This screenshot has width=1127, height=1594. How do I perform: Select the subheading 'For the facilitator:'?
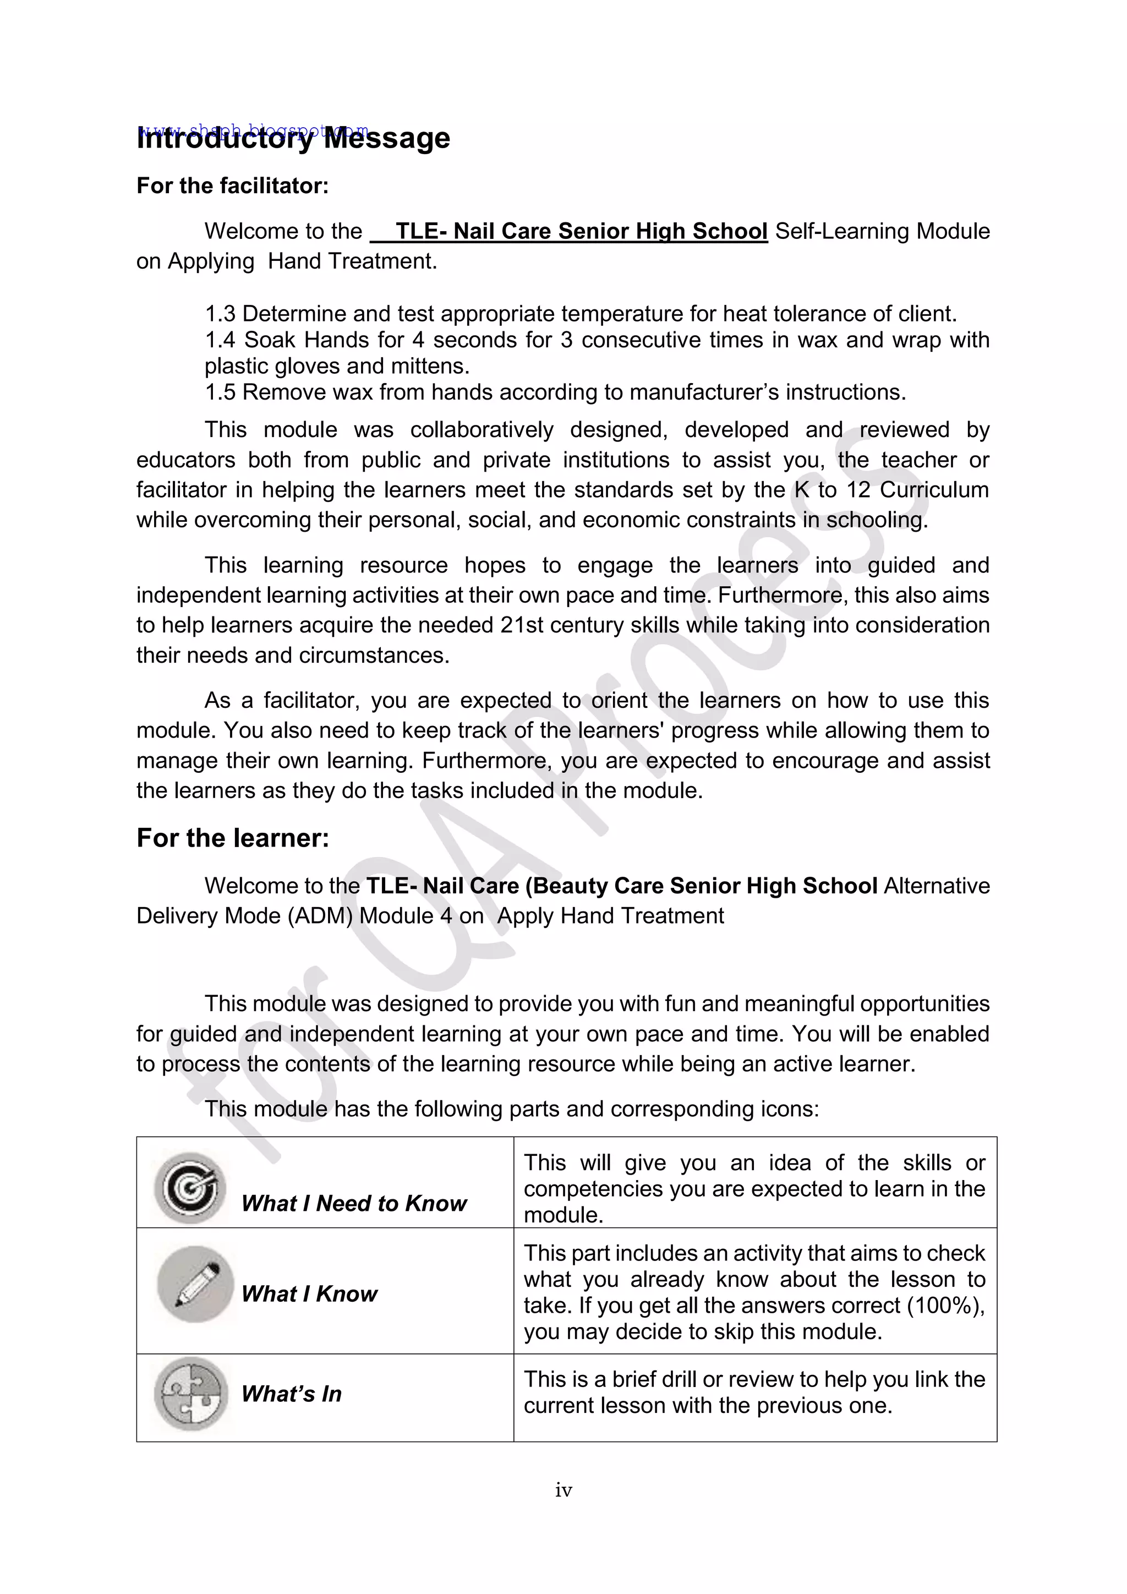(232, 186)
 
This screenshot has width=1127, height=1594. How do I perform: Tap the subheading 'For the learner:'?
(232, 838)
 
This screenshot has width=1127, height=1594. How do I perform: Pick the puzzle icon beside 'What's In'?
(191, 1393)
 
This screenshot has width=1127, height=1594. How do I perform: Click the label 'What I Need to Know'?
(354, 1203)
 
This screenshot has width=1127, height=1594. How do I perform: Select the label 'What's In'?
(292, 1393)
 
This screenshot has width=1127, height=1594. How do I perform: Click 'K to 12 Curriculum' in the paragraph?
(891, 489)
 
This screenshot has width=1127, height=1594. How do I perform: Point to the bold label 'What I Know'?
(309, 1294)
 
